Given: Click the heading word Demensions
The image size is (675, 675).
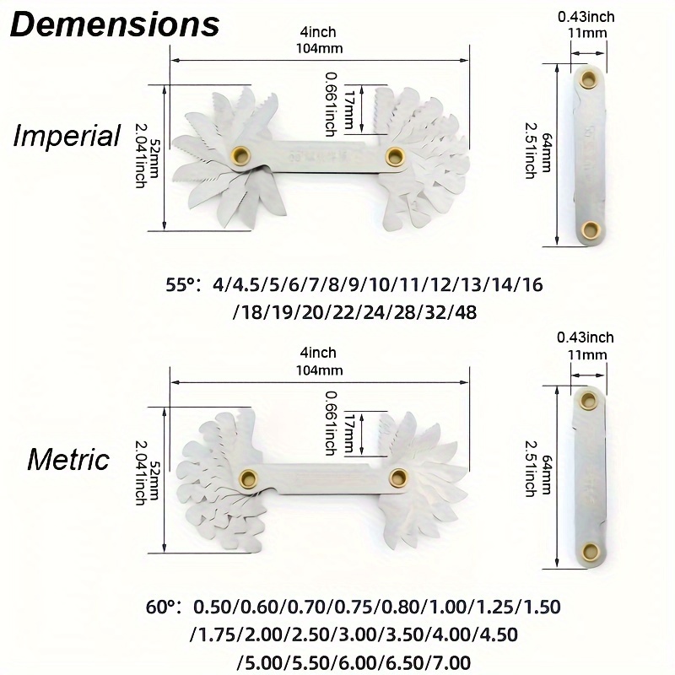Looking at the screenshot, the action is coord(115,24).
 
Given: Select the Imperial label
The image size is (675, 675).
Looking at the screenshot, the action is coord(67,136).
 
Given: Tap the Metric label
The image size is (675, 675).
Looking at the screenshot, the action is coord(68,459).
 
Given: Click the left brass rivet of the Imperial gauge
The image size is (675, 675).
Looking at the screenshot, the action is coord(241,154).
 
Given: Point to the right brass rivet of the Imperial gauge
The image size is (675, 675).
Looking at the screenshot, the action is coord(394,156).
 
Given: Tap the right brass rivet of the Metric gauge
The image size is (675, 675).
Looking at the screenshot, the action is coord(398,478).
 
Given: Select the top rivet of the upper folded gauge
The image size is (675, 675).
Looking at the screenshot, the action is coord(587,79).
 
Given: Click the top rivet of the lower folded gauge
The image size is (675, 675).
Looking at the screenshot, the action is coord(587,401).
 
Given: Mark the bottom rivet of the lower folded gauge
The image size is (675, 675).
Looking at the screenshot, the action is coord(590,552).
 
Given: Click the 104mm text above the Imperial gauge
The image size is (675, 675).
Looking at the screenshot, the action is coord(319,48).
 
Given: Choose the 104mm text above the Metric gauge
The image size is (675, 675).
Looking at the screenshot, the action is coord(319,370).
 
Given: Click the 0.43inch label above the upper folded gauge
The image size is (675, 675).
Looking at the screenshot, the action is coord(586,17).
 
